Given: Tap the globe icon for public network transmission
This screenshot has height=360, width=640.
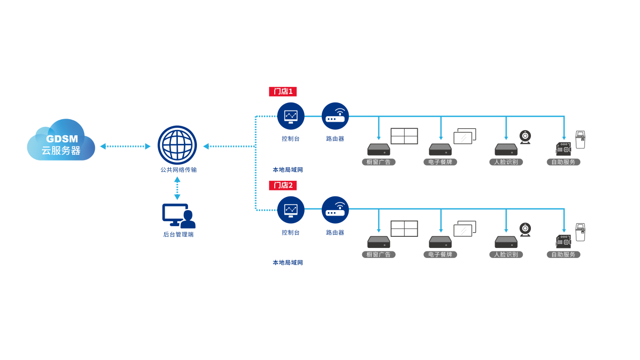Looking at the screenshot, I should click(x=177, y=145).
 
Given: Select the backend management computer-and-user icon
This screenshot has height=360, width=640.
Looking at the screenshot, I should click(x=178, y=216).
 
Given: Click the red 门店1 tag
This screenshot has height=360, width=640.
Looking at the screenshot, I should click(x=283, y=91).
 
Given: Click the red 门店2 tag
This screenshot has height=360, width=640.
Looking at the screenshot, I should click(x=283, y=185).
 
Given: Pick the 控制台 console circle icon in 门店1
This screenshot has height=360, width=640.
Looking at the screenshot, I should click(x=291, y=116).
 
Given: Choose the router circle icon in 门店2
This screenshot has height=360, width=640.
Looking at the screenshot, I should click(x=335, y=210).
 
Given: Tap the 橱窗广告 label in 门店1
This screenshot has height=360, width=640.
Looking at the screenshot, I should click(x=378, y=162).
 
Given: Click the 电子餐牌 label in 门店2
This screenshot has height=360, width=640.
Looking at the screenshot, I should click(x=440, y=254).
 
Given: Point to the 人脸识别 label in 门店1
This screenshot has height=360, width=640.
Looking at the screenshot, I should click(x=506, y=162).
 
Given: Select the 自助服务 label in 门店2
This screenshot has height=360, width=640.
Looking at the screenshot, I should click(x=563, y=254).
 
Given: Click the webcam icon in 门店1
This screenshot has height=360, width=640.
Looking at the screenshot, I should click(x=525, y=137).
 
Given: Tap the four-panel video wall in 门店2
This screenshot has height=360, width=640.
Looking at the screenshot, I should click(x=404, y=229).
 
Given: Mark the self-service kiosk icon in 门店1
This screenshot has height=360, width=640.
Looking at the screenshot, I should click(x=580, y=140).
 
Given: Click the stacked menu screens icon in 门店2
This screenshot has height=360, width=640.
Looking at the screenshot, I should click(x=465, y=229).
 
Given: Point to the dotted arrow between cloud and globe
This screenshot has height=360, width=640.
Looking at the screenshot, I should click(x=125, y=146).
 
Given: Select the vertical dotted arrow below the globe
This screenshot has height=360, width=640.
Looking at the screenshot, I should click(x=177, y=188).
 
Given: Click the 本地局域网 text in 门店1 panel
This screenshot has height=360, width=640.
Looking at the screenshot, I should click(x=288, y=170).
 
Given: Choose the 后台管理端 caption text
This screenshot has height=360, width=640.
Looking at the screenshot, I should click(x=178, y=234).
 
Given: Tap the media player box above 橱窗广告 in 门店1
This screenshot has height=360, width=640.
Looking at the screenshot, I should click(x=378, y=149).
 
